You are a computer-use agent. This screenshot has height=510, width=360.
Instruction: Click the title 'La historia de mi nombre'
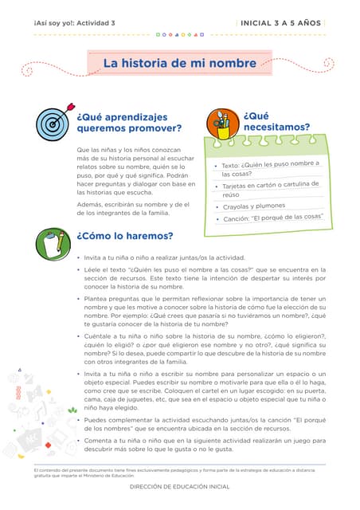[179, 63]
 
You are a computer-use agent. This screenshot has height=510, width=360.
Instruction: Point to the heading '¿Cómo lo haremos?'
[124, 236]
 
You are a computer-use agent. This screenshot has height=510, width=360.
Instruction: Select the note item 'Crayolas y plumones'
[253, 206]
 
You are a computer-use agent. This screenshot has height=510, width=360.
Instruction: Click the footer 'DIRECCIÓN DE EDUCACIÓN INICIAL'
[179, 486]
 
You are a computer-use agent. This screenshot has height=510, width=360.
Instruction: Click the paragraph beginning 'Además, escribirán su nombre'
[133, 209]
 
